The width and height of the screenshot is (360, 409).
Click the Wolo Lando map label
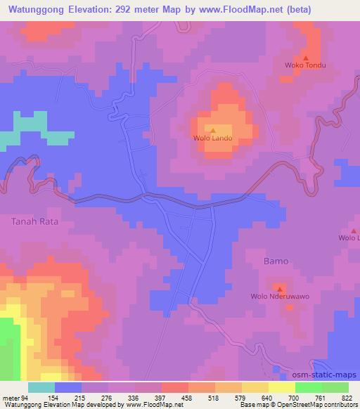pyautogui.click(x=212, y=138)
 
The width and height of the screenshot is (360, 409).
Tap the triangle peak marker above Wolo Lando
pyautogui.click(x=212, y=129)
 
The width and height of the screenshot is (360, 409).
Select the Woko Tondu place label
pyautogui.click(x=306, y=66)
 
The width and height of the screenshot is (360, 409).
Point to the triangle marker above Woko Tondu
pyautogui.click(x=306, y=58)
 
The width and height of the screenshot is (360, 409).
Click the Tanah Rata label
pyautogui.click(x=32, y=221)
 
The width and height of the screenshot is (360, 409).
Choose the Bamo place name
pyautogui.click(x=276, y=261)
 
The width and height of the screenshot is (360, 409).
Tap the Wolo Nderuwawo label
pyautogui.click(x=280, y=297)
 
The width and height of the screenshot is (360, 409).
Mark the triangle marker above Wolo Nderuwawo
pyautogui.click(x=280, y=288)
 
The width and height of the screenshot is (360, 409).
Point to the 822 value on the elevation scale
pyautogui.click(x=347, y=398)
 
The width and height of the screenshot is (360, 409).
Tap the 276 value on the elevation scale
pyautogui.click(x=107, y=398)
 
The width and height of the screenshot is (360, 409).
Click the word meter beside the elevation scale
pyautogui.click(x=11, y=398)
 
